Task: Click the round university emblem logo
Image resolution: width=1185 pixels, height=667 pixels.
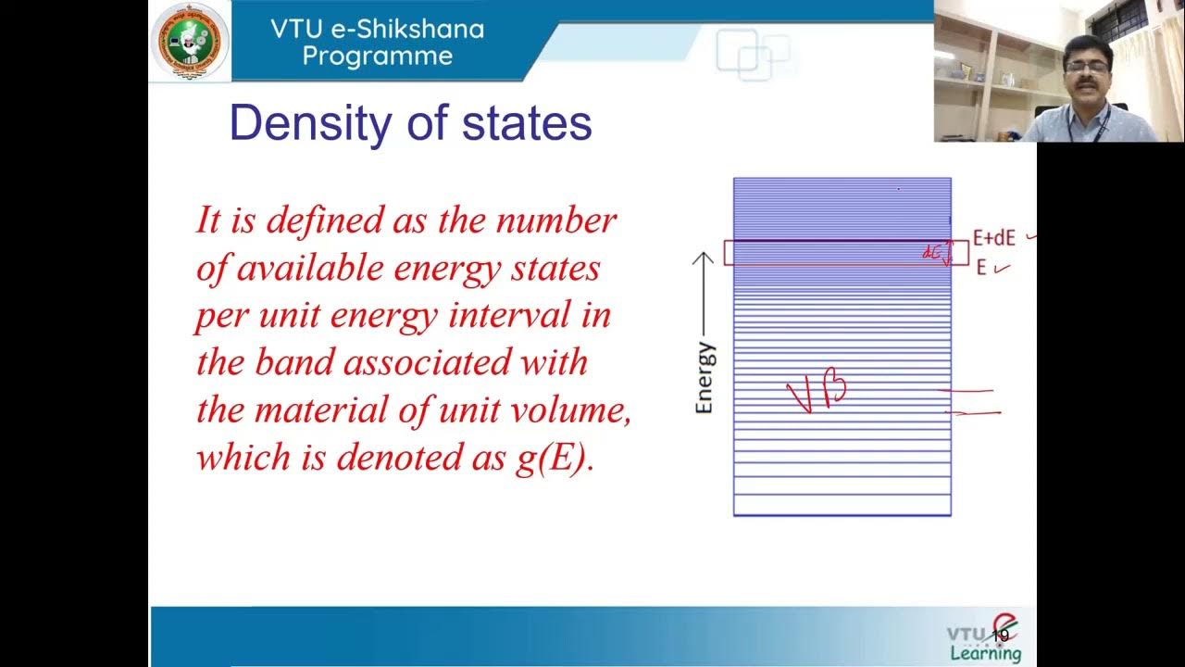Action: [190, 41]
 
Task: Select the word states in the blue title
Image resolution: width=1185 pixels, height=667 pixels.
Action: [527, 124]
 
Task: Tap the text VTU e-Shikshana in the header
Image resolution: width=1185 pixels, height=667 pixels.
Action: [377, 29]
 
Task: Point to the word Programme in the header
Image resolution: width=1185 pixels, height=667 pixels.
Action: [377, 56]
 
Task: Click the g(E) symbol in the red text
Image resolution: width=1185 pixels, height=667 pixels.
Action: [554, 459]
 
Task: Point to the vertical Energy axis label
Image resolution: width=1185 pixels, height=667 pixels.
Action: [705, 378]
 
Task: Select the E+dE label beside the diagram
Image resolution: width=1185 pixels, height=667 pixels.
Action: [993, 238]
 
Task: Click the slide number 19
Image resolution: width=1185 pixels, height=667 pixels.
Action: [1000, 636]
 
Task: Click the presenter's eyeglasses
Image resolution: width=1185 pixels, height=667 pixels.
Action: [1085, 67]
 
